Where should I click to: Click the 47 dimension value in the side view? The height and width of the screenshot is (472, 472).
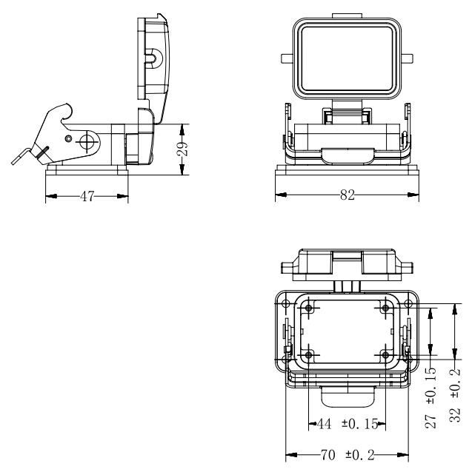pyautogui.click(x=87, y=198)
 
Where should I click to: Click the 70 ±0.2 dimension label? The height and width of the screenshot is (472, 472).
pyautogui.click(x=348, y=455)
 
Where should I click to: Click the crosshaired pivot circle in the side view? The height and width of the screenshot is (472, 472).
pyautogui.click(x=88, y=141)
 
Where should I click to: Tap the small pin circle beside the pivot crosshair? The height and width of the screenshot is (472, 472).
pyautogui.click(x=69, y=139)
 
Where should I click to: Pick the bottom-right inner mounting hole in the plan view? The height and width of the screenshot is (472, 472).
pyautogui.click(x=386, y=354)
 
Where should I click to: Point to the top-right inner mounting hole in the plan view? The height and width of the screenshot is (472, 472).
pyautogui.click(x=386, y=307)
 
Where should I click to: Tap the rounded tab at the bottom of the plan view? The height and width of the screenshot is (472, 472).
pyautogui.click(x=347, y=398)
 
